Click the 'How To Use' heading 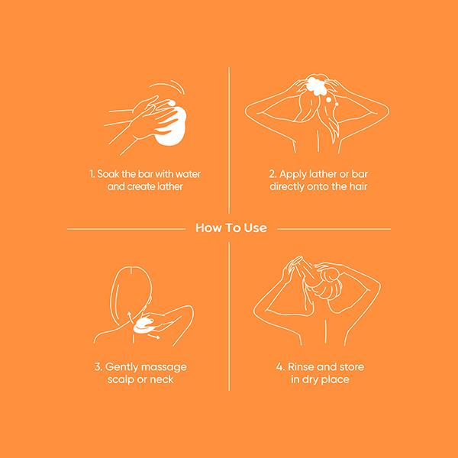point(231,227)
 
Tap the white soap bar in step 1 point(173,126)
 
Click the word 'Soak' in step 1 point(108,174)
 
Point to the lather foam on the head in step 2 point(316,85)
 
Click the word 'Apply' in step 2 point(292,174)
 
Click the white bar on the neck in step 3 point(143,327)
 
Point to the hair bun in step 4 point(330,276)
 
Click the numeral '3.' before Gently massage point(98,367)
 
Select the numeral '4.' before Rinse point(280,367)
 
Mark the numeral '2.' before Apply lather point(273,174)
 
